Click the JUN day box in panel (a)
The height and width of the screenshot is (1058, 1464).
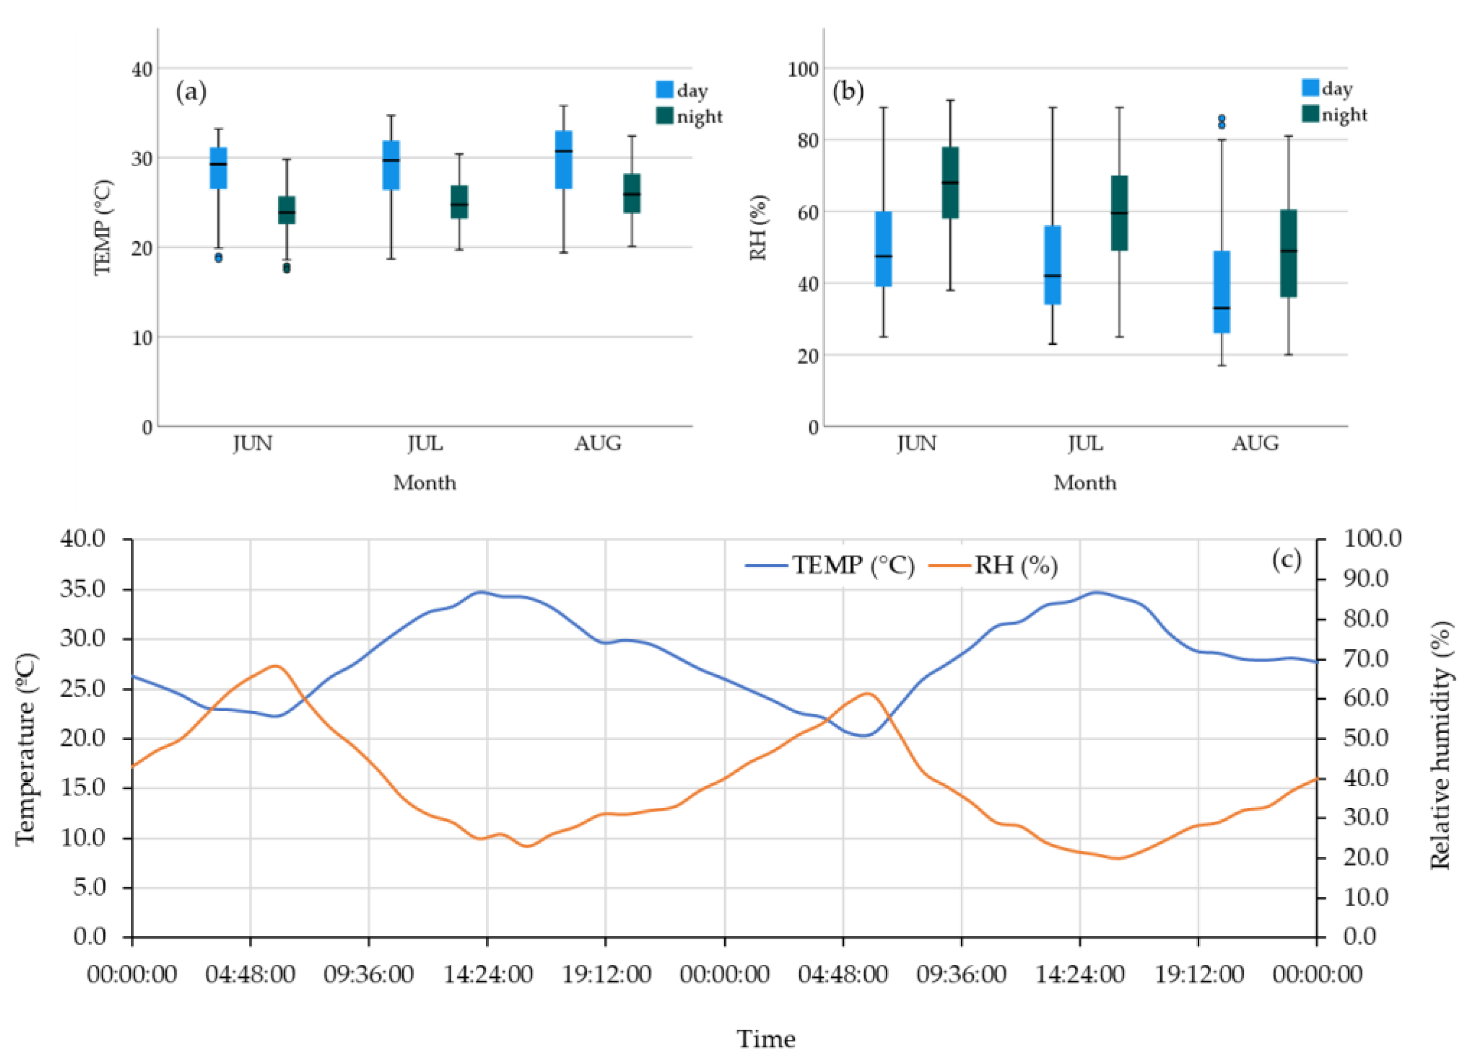(218, 169)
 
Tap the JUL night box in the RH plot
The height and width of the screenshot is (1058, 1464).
(1119, 213)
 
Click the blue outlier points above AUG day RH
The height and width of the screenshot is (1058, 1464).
(1221, 122)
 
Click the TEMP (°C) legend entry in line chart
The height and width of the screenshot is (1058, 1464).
(830, 566)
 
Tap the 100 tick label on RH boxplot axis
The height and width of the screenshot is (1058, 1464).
(802, 69)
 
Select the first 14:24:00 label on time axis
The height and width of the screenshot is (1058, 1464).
(487, 974)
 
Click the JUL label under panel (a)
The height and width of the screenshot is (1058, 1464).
(425, 444)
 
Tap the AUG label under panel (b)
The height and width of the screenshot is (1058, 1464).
(1255, 444)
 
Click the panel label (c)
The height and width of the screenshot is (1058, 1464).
(1286, 559)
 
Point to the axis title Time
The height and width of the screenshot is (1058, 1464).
(766, 1039)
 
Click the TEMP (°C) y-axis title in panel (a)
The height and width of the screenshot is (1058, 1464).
(103, 227)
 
